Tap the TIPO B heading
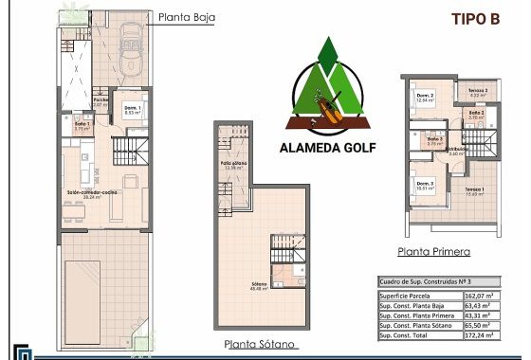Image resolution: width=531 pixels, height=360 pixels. tap(474, 18)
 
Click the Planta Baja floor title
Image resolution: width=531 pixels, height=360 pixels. tap(188, 16)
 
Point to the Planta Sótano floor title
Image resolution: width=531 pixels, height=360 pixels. tap(260, 344)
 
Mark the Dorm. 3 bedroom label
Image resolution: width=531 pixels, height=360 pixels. tap(424, 184)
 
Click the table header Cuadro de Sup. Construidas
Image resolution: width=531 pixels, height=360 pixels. tap(422, 281)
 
